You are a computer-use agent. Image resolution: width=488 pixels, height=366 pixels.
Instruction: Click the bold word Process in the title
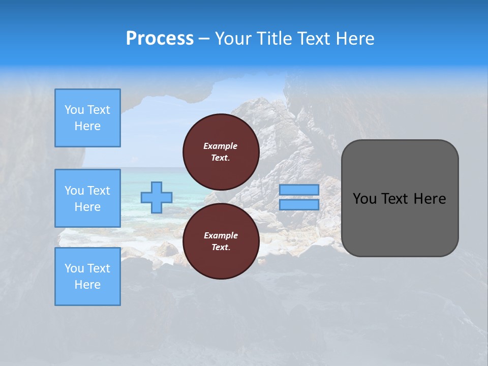click(x=160, y=39)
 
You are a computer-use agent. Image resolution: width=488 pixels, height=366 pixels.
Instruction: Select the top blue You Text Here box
click(x=87, y=118)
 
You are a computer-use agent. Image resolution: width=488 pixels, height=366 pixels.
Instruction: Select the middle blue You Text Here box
click(x=87, y=198)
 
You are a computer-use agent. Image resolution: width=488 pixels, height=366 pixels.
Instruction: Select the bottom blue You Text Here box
click(x=87, y=277)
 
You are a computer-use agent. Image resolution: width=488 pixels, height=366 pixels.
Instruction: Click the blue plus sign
click(x=157, y=197)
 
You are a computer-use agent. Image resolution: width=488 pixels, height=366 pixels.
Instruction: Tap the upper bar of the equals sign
click(x=299, y=190)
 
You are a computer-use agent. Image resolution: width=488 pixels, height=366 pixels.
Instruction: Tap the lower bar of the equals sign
click(x=299, y=205)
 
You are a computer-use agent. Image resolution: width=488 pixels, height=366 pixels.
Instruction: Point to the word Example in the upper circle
click(x=220, y=146)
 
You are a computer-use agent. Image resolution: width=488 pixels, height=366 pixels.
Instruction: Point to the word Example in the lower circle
click(x=220, y=235)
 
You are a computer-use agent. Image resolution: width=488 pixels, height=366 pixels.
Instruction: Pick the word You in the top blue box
click(x=74, y=110)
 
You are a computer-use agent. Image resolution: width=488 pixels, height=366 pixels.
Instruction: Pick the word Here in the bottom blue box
click(x=87, y=285)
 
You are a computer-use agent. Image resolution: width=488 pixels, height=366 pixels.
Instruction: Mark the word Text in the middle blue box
click(x=99, y=191)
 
